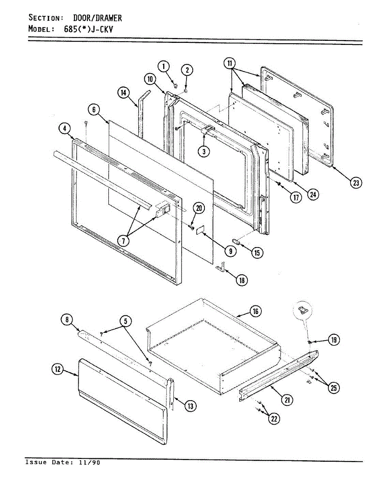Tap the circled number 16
256,312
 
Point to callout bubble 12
57,370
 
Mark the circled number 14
123,93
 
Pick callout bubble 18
242,280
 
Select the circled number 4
64,129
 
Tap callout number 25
334,388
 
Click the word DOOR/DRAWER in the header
97,18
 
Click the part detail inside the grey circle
304,309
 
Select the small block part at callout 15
237,242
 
